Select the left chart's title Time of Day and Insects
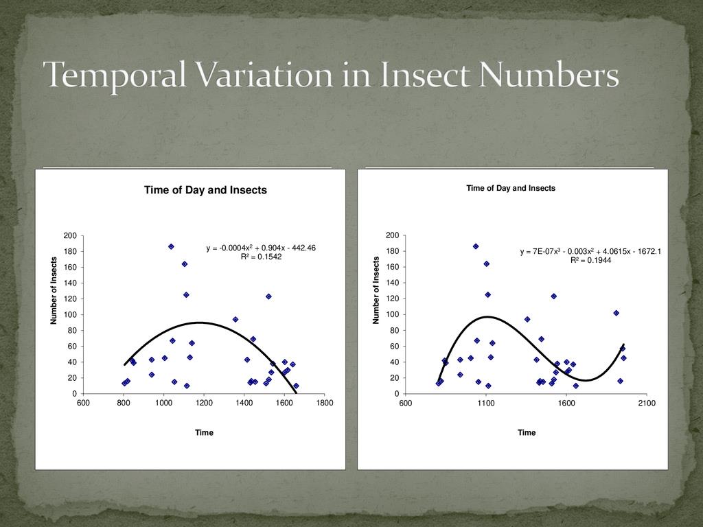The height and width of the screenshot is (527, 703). tap(205, 190)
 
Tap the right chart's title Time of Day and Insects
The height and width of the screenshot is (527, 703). tap(511, 188)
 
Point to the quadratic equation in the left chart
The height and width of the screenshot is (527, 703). tap(261, 248)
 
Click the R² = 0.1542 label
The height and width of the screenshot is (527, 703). tap(261, 257)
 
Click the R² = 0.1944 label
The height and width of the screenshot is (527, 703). tap(590, 261)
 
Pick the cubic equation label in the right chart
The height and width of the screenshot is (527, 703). tap(590, 252)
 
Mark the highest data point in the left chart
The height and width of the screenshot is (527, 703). tap(171, 246)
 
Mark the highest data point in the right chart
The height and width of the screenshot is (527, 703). tap(475, 246)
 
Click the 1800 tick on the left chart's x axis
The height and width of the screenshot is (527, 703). tap(325, 403)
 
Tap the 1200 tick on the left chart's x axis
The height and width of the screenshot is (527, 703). tap(204, 403)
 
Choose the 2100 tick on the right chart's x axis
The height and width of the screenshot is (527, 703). tap(647, 403)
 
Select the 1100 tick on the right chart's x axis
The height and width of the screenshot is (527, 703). tap(486, 403)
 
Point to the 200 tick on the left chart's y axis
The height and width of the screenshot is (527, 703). tap(70, 236)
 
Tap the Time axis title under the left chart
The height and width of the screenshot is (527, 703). tap(204, 433)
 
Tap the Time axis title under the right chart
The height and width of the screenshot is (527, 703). tap(527, 433)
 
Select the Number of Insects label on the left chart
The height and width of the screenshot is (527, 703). tap(54, 290)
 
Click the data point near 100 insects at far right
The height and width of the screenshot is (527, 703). tap(616, 313)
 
